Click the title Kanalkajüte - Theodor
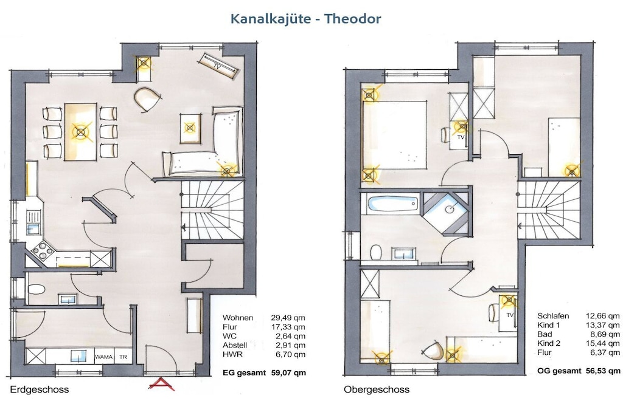(305, 19)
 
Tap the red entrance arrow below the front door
(162, 384)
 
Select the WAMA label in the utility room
(103, 357)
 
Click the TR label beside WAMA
(123, 357)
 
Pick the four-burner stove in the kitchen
(43, 250)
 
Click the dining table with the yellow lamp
(81, 132)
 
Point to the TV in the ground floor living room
(220, 64)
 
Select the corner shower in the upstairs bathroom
(447, 212)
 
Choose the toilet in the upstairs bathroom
(375, 252)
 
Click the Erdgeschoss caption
(40, 389)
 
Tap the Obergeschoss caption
(377, 389)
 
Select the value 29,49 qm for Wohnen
(288, 318)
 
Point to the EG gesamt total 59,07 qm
(264, 373)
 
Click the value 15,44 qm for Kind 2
(603, 343)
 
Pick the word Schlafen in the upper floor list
(553, 316)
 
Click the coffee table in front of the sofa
(190, 128)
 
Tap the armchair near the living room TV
(147, 99)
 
